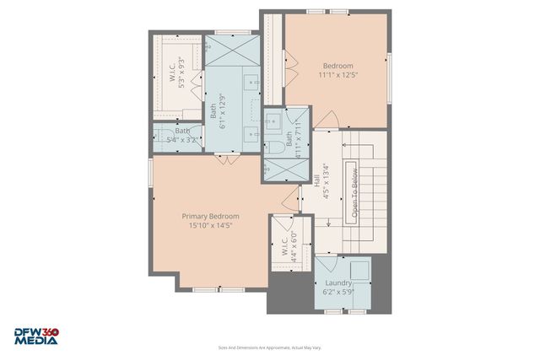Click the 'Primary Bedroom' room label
(210, 216)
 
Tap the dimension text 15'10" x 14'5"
(210, 225)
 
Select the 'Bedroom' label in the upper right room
(337, 66)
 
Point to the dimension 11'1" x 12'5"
(337, 75)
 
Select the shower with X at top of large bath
(229, 48)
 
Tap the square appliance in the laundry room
(360, 269)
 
